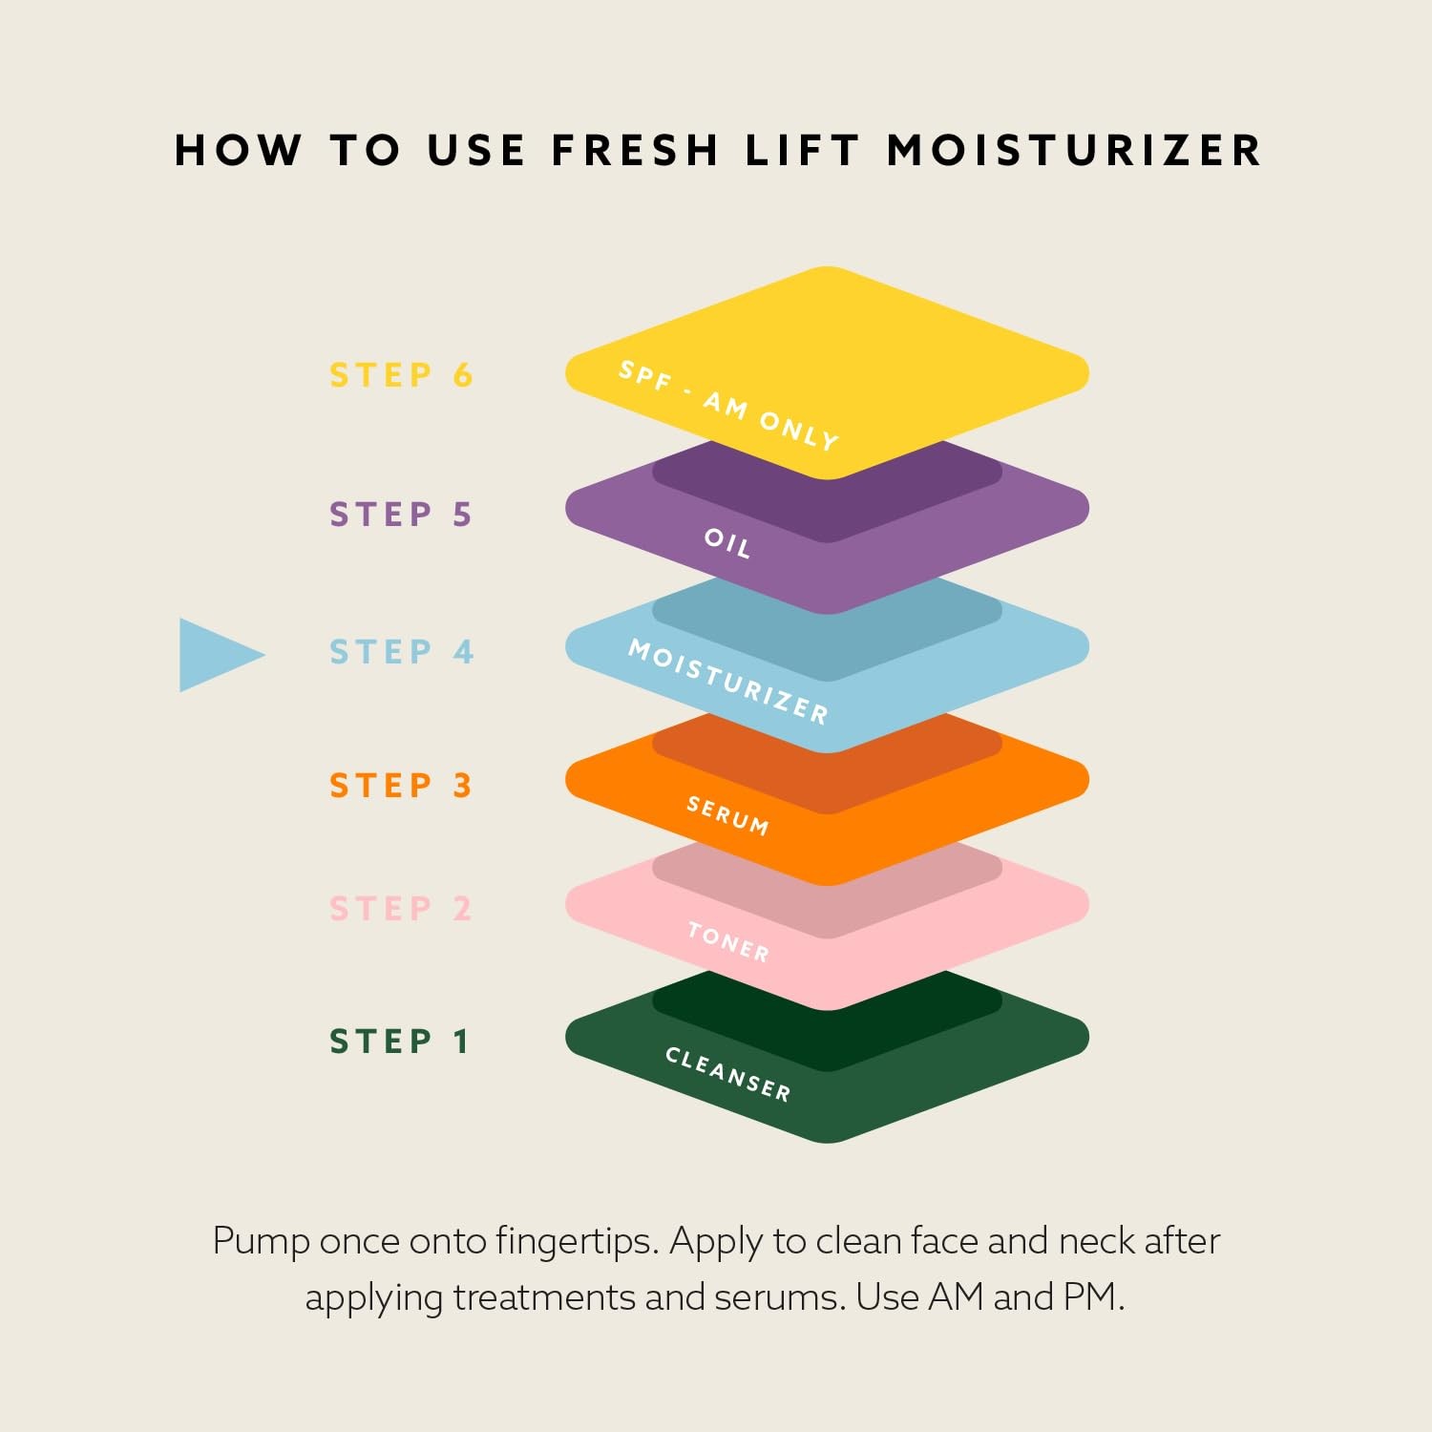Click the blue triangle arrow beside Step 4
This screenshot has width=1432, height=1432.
218,655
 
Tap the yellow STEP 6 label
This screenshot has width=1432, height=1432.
401,375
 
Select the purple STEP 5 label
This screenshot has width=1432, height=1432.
401,514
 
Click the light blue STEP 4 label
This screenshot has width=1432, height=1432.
401,651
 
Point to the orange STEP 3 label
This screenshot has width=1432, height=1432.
401,785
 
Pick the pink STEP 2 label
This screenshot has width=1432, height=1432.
401,908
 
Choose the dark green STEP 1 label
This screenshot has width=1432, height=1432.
399,1041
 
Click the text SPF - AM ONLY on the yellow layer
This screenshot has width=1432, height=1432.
728,405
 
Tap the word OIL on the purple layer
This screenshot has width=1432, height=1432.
727,542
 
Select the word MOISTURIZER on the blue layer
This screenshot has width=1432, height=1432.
728,682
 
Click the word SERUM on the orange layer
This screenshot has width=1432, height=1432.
728,815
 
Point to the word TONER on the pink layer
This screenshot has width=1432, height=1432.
728,941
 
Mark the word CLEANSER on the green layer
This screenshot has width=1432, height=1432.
728,1074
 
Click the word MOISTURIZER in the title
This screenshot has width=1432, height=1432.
1075,151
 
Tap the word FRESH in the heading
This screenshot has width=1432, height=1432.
635,151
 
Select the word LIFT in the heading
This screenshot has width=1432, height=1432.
802,151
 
